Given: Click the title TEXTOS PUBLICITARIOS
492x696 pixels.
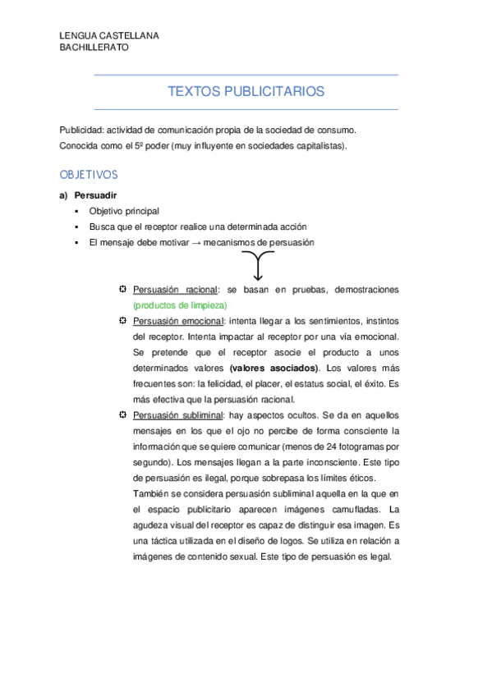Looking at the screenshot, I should pos(246,91).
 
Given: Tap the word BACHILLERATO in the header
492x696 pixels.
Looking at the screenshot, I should pos(94,48).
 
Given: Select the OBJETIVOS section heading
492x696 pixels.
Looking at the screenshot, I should pos(89,175).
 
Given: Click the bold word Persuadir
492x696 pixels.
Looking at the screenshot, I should pos(95,196).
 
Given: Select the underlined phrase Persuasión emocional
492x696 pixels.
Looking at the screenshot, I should pos(178,321).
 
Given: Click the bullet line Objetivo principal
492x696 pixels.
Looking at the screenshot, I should pos(124,211).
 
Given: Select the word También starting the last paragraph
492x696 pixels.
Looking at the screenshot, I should pos(150,493).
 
